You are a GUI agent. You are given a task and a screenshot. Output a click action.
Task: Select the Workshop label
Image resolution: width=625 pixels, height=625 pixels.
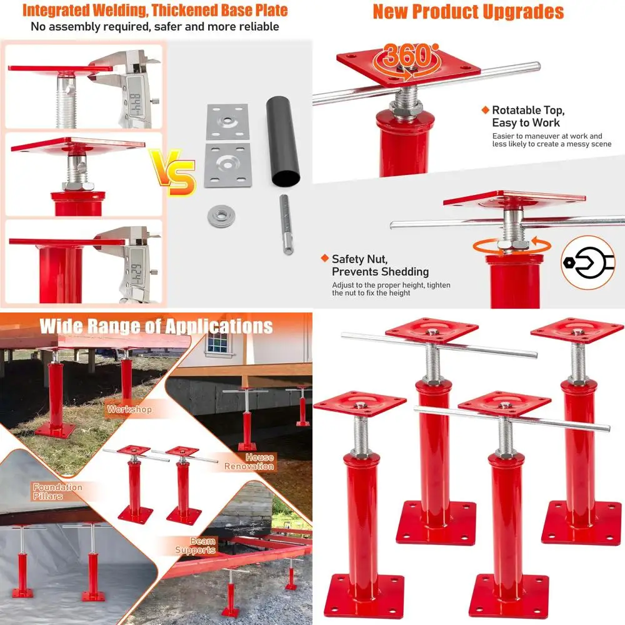tap(129, 409)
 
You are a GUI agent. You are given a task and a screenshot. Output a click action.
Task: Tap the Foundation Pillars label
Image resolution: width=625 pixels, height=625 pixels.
tap(57, 491)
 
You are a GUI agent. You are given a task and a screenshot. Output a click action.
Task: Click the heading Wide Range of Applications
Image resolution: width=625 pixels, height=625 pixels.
tap(156, 326)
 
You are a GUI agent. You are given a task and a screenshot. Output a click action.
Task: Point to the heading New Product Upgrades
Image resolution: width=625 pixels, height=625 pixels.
tap(468, 11)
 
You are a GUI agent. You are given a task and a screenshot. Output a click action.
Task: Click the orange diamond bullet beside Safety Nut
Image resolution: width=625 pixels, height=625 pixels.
tap(324, 258)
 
